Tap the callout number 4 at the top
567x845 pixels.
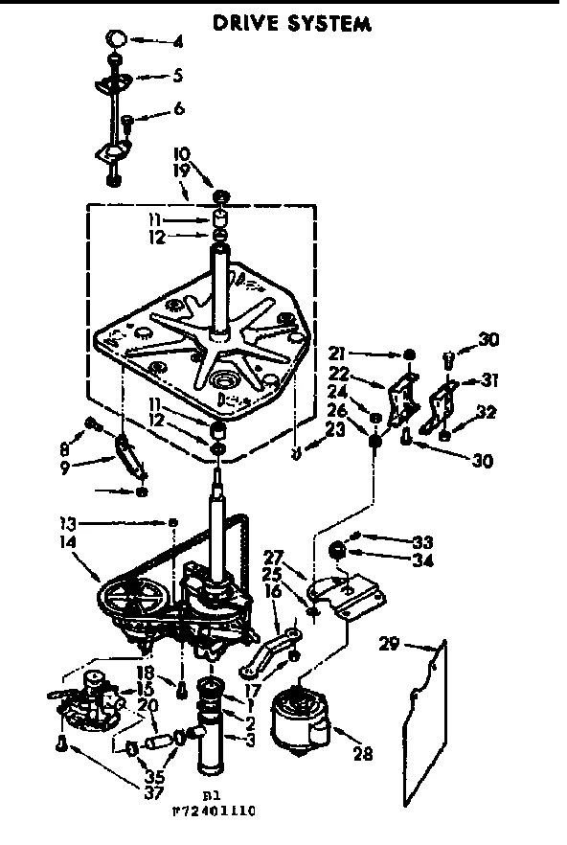coord(178,42)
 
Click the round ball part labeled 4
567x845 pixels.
coord(116,39)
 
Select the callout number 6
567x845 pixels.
coord(178,109)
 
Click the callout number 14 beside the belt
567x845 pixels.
coord(67,542)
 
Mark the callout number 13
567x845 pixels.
coord(67,523)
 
